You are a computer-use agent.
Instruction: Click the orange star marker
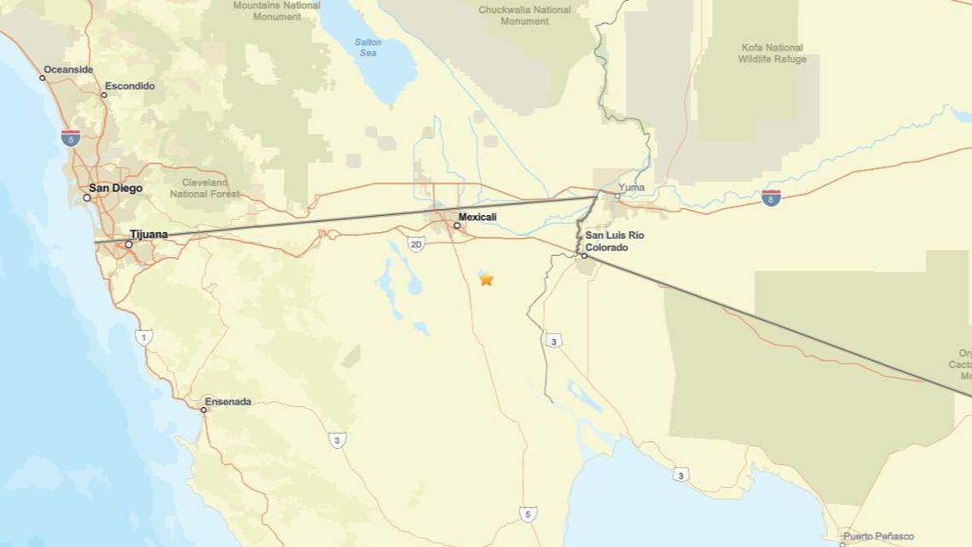coord(486,279)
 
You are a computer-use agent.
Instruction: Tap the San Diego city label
coord(116,189)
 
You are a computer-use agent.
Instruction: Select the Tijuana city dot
coord(129,244)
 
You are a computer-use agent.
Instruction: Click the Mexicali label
coord(477,217)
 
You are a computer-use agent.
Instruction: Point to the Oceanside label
coord(68,69)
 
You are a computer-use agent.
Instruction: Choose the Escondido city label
coord(130,86)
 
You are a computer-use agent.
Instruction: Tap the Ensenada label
coord(228,401)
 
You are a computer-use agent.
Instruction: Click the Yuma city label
coord(632,188)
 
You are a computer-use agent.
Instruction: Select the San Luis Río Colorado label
coord(614,241)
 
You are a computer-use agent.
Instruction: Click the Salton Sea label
coord(367,48)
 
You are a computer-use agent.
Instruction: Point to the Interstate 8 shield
coord(772,198)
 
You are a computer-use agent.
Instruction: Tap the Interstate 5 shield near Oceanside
coord(71,137)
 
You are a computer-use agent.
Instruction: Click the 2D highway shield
coord(416,245)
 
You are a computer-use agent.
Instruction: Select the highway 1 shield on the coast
coord(143,337)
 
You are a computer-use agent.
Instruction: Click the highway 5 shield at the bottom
coord(528,514)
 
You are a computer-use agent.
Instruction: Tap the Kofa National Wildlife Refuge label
coord(772,53)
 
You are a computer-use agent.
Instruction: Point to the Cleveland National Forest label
coord(205,188)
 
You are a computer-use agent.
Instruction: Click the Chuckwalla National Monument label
coord(524,15)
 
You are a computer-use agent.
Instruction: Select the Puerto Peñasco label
coord(878,537)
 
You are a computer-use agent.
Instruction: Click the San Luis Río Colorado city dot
coord(584,255)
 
